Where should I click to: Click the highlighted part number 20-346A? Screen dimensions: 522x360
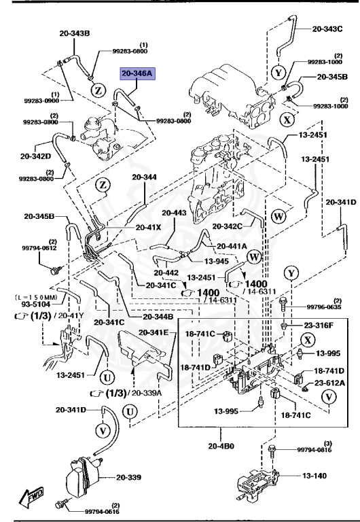point(139,73)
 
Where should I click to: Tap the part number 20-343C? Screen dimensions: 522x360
point(328,29)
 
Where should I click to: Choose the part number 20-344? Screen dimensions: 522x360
point(144,177)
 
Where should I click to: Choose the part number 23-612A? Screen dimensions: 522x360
point(328,384)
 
